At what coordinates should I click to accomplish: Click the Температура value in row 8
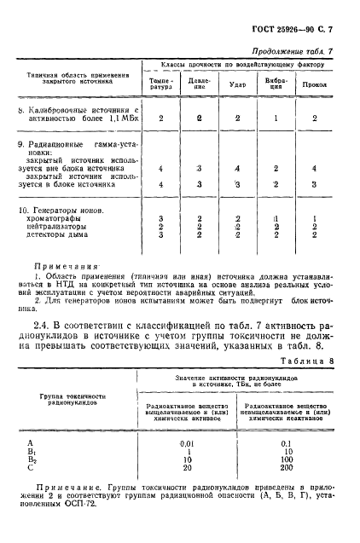pos(160,118)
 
